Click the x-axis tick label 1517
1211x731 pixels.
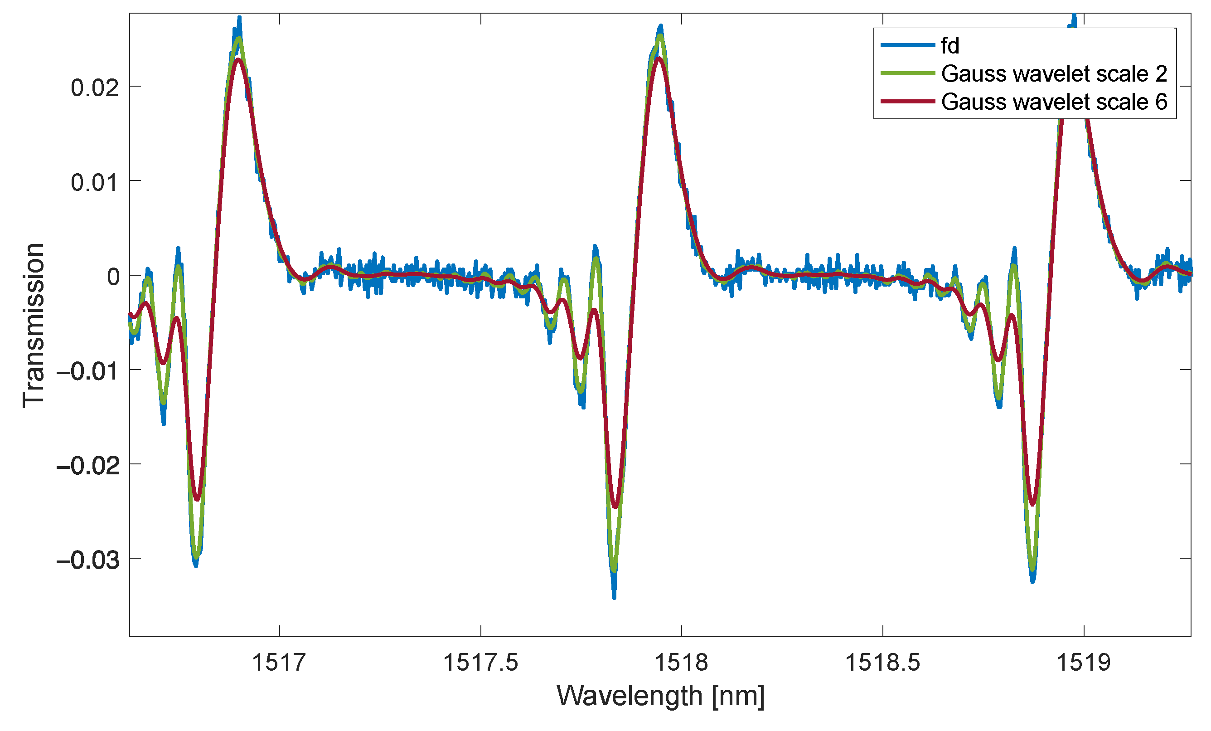(279, 663)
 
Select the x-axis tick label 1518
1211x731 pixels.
(681, 663)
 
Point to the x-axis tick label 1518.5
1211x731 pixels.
(882, 663)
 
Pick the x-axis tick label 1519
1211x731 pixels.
(1083, 663)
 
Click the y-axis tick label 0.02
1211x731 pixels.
(95, 88)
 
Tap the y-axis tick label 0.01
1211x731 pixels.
(95, 183)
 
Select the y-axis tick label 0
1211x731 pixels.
(113, 277)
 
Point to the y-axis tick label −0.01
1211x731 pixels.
(88, 371)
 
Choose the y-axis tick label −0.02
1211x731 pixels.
(88, 466)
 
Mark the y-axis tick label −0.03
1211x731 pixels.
(88, 560)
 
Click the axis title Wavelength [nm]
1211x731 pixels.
(660, 697)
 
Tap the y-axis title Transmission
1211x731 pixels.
(34, 325)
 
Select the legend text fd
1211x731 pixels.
(949, 46)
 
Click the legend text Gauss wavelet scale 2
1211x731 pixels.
(1054, 74)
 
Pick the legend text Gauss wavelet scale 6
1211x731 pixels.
(1054, 102)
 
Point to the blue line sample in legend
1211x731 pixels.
(907, 45)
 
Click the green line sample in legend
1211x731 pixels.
(907, 73)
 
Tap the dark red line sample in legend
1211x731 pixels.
(907, 101)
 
